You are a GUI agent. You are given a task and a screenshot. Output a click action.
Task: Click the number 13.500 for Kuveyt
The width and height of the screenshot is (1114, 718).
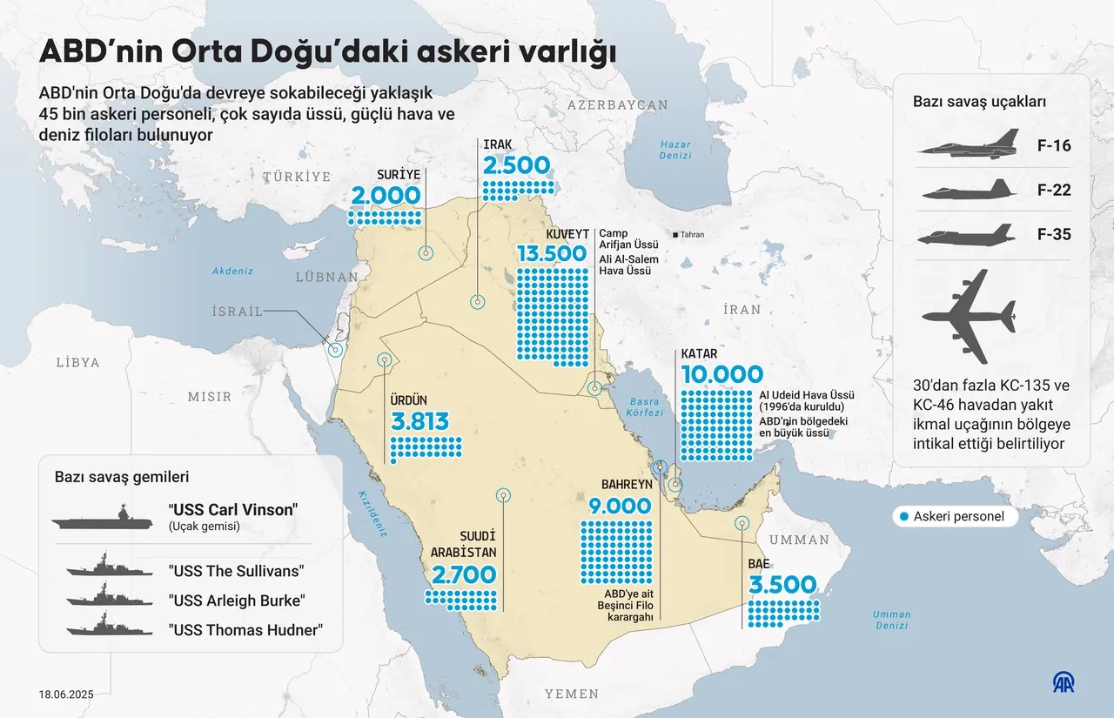551,254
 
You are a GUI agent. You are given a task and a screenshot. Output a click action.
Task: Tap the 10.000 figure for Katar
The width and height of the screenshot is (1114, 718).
721,375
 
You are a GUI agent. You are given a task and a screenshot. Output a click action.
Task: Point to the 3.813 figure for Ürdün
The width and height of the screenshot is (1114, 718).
419,422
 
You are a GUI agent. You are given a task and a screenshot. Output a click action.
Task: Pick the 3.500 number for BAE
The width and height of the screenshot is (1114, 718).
782,584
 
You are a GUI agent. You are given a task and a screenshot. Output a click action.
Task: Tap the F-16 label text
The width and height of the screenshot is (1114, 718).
1055,145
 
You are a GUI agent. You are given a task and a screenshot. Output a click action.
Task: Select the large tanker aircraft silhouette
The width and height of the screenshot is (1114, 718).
969,316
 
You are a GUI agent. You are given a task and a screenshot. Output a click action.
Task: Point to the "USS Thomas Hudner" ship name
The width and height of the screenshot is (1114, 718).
245,630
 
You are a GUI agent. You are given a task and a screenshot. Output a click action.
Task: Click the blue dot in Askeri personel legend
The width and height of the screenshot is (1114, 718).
904,516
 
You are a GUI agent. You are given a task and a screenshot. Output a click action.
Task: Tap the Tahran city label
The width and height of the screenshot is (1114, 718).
692,235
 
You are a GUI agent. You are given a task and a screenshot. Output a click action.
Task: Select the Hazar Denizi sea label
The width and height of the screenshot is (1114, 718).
674,150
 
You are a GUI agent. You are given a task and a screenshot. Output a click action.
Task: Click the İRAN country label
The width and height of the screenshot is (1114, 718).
741,309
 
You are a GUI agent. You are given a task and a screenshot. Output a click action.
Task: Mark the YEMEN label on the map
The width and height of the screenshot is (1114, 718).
572,694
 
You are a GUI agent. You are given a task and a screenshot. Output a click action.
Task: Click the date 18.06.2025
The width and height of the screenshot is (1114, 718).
66,695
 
